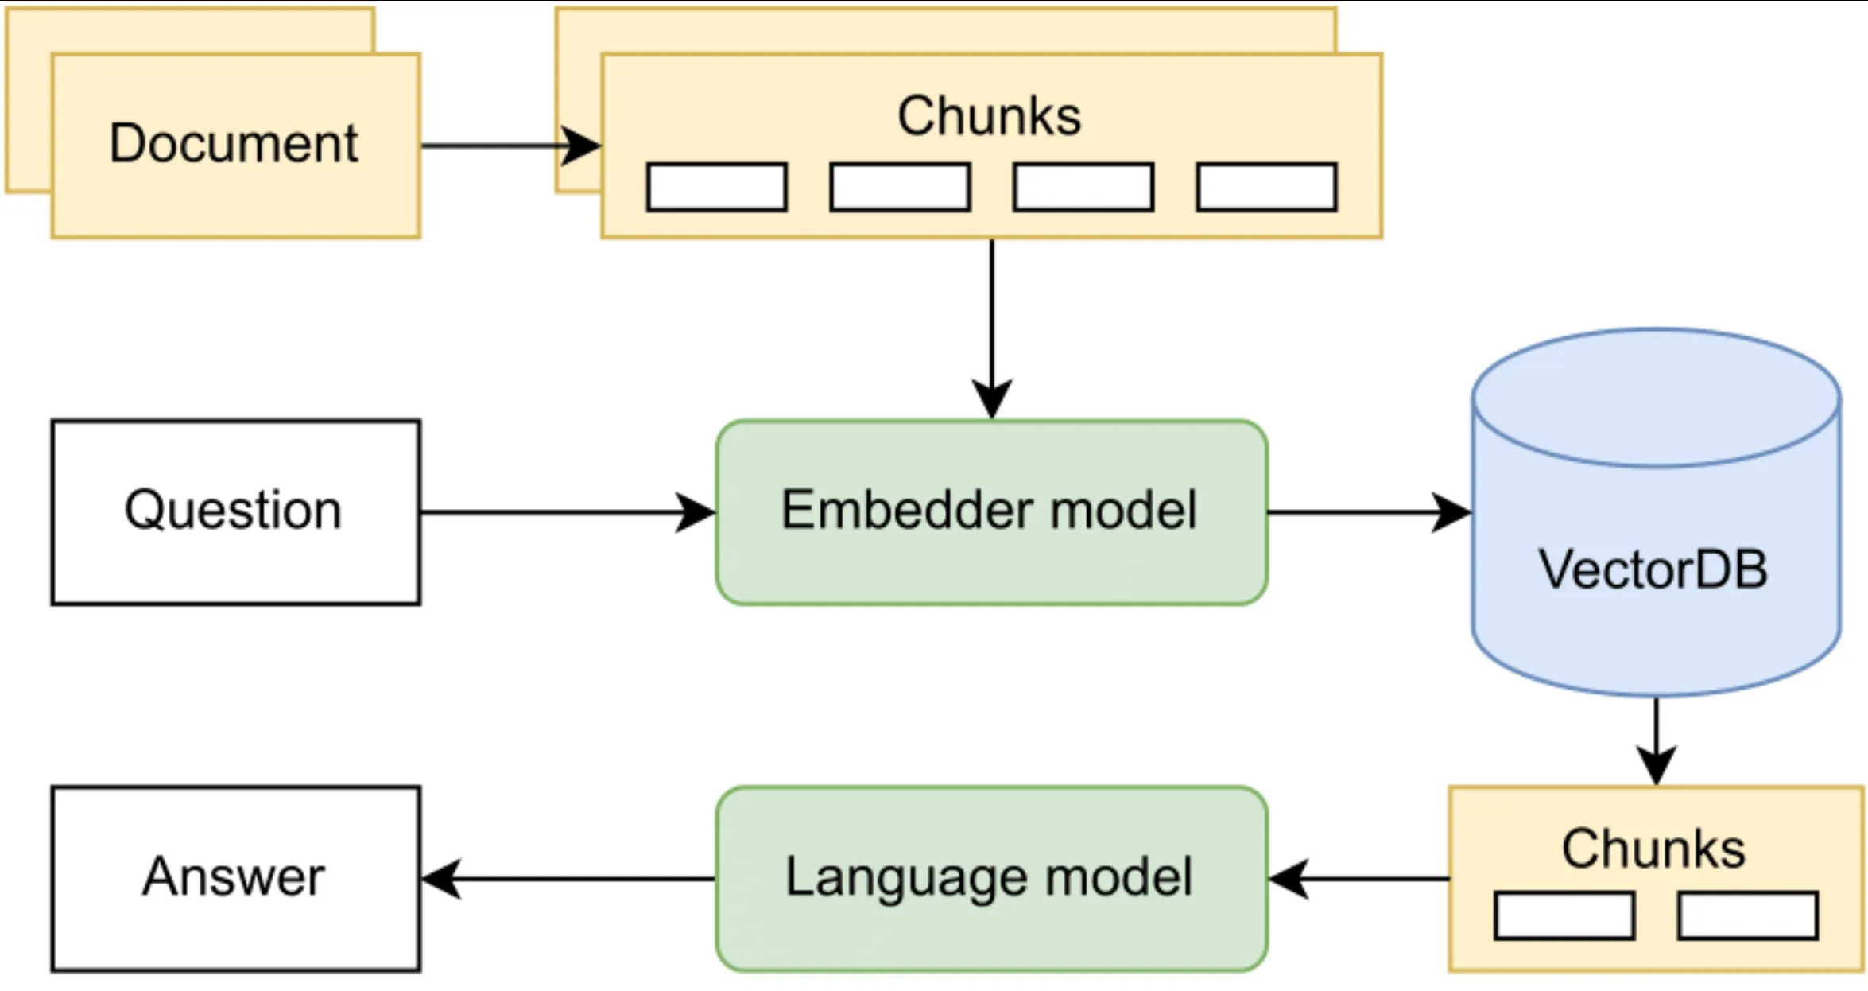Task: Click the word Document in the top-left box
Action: [x=234, y=144]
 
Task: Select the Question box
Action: [x=235, y=512]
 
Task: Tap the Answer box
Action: [x=235, y=878]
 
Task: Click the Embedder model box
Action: [x=990, y=512]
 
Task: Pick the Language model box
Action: [x=990, y=878]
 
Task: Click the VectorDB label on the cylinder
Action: [x=1653, y=569]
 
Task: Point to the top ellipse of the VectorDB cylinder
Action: [x=1656, y=398]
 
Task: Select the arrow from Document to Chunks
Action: [x=509, y=146]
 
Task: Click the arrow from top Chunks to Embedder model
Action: [x=991, y=326]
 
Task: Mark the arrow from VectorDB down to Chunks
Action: [x=1656, y=740]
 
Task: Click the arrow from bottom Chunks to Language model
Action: [x=1359, y=879]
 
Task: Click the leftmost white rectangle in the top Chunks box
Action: [x=716, y=188]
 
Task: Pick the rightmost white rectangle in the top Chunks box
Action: [x=1266, y=188]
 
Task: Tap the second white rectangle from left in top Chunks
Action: [x=900, y=188]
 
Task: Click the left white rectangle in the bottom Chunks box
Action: [x=1564, y=915]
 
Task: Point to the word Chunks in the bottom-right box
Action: [x=1653, y=849]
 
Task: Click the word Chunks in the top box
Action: [x=989, y=116]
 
